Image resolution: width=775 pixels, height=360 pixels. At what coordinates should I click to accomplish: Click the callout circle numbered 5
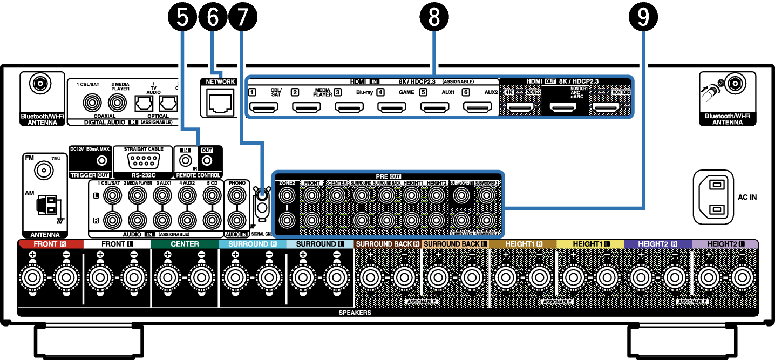184,17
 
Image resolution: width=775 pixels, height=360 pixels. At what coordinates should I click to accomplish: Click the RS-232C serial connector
143,161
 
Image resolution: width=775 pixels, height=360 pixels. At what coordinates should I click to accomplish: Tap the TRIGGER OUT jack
100,160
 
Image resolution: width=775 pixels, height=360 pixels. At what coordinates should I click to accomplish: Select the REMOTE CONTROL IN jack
186,161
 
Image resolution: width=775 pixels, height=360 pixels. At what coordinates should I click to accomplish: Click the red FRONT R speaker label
50,244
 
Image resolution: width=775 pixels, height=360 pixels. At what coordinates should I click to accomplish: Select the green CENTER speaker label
184,244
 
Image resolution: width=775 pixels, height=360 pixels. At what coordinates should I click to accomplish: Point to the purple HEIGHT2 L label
724,244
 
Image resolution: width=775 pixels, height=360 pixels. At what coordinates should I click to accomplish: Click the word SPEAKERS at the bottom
355,313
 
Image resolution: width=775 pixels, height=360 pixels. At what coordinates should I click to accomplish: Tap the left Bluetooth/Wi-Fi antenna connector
39,84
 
